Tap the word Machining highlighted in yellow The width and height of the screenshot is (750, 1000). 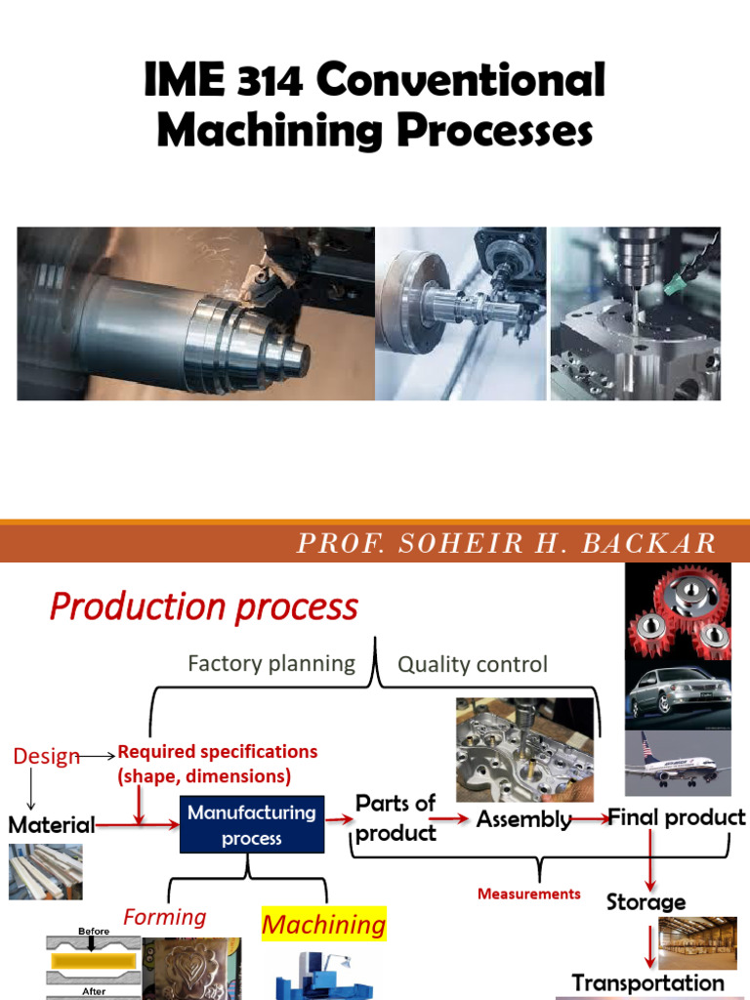coord(324,924)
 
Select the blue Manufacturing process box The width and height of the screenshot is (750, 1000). coord(251,825)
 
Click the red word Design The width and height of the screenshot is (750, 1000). coord(46,757)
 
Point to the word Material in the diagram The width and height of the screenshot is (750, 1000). coord(52,824)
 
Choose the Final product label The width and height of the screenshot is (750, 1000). coord(677,817)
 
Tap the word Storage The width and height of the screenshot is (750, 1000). coord(646,901)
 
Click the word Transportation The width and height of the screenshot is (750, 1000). coord(647,981)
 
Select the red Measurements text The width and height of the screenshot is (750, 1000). coord(528,894)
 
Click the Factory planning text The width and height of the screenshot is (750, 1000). coord(271,664)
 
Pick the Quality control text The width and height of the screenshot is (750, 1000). coord(473,665)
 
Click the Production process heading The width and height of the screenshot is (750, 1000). coord(204,607)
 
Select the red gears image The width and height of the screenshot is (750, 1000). coord(677,612)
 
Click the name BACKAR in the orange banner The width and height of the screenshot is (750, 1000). coord(660,544)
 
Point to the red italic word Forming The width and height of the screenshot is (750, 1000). coord(164,917)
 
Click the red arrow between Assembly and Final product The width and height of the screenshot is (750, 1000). coord(588,818)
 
